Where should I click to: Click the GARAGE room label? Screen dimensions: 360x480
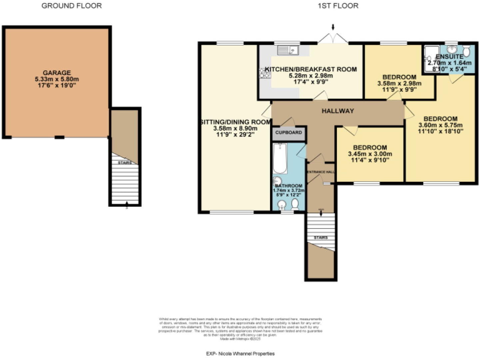(x=56, y=72)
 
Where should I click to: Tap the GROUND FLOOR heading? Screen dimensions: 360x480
(x=71, y=6)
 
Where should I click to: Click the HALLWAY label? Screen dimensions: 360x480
(x=337, y=111)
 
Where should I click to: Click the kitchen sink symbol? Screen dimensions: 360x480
(x=291, y=50)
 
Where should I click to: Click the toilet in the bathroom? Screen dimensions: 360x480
(x=294, y=202)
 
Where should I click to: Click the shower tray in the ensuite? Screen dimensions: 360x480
(x=432, y=53)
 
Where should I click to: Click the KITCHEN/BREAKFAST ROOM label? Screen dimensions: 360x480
(x=311, y=69)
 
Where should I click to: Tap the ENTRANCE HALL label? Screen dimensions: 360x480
(x=320, y=171)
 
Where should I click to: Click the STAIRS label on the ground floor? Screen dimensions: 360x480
(x=124, y=162)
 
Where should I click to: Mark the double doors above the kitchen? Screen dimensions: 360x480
(x=333, y=39)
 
